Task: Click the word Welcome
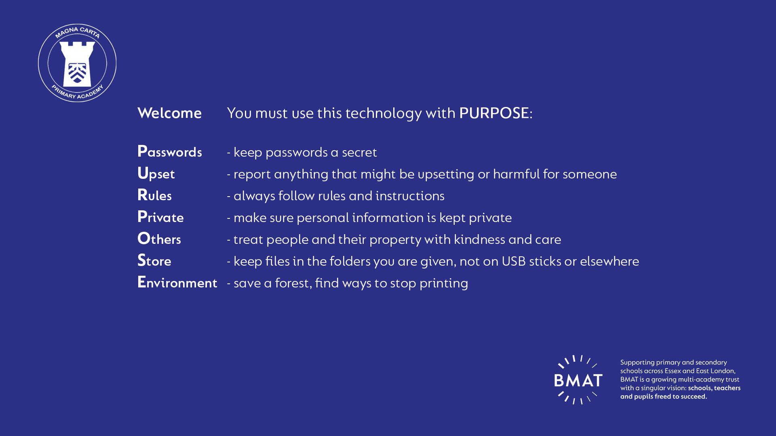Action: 169,113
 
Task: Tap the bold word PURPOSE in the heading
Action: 494,113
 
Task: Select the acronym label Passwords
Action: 170,151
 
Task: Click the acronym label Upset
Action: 156,174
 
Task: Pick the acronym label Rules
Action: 154,195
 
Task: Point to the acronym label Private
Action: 160,217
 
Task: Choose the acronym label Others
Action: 159,239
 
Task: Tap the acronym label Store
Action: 154,260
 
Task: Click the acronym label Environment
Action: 177,282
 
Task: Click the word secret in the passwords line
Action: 359,153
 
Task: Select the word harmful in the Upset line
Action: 516,174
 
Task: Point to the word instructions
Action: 410,196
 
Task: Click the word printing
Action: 444,283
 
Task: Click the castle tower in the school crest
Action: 77,63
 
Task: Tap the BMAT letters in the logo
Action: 578,380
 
